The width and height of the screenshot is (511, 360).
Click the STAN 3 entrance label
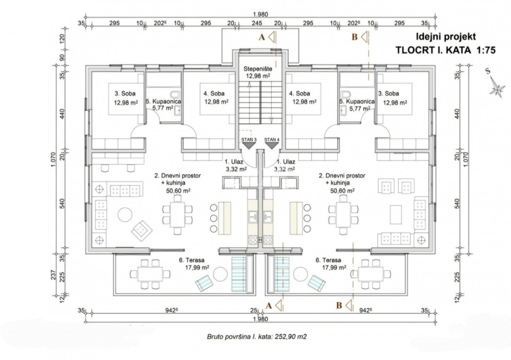pyautogui.click(x=249, y=140)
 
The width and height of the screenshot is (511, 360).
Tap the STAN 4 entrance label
pyautogui.click(x=271, y=140)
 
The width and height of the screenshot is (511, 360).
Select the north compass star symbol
pyautogui.click(x=497, y=89)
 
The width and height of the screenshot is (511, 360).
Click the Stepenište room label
pyautogui.click(x=258, y=68)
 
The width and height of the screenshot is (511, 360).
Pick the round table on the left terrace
pyautogui.click(x=220, y=274)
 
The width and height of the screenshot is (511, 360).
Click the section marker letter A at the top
pyautogui.click(x=262, y=37)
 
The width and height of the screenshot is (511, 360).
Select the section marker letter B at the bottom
pyautogui.click(x=339, y=305)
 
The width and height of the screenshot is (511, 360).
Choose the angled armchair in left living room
pyautogui.click(x=142, y=230)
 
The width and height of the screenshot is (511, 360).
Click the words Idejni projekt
pyautogui.click(x=445, y=37)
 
